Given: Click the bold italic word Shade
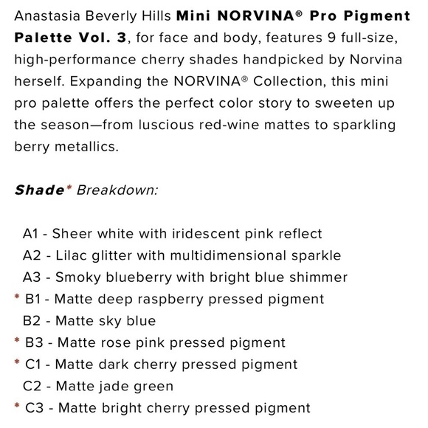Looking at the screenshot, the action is [39, 190].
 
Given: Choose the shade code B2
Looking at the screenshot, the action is [32, 321].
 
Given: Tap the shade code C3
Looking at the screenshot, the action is [34, 407].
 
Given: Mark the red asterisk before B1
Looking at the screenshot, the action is [16, 298].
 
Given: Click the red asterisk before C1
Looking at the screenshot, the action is [16, 363].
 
